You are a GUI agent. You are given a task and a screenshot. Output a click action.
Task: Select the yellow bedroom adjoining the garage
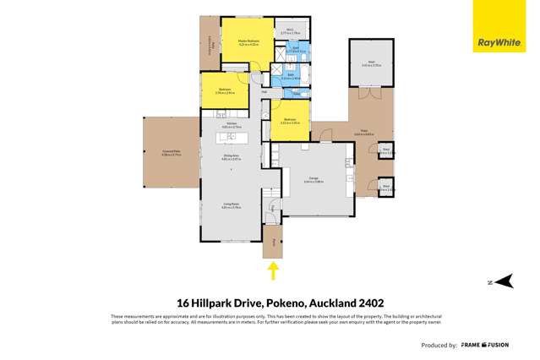click(x=290, y=120)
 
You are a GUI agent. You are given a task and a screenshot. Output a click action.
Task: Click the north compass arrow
click(x=503, y=282)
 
